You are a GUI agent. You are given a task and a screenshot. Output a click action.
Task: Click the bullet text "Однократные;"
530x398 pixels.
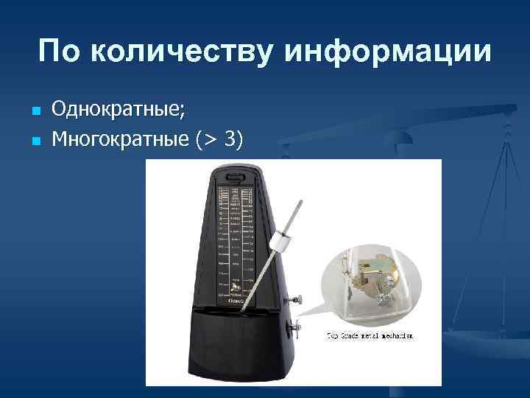[x=119, y=111]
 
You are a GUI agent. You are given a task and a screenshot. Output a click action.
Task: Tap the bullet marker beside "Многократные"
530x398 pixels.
[x=35, y=139]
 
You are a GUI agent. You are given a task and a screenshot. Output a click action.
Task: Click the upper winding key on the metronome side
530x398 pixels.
[x=299, y=299]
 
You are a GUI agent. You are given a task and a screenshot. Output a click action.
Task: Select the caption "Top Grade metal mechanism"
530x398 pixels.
[x=370, y=335]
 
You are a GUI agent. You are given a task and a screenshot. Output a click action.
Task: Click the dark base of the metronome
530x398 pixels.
[x=236, y=346]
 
